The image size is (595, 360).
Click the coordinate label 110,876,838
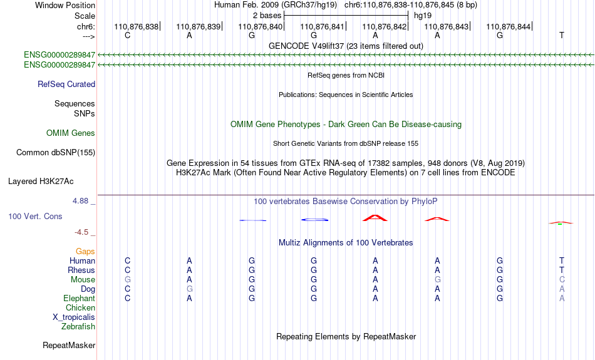(x=137, y=26)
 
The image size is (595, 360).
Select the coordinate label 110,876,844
(x=508, y=26)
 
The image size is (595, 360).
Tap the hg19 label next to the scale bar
(x=423, y=16)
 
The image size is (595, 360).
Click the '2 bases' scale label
(x=267, y=16)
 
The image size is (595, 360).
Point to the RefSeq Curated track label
(x=66, y=85)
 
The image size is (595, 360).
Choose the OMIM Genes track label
(x=71, y=133)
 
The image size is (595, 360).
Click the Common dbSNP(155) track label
(x=56, y=153)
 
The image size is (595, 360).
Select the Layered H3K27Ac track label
(x=41, y=182)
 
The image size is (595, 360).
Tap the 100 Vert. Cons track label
(x=35, y=216)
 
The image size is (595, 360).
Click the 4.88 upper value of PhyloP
(x=80, y=201)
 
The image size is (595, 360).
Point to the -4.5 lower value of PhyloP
(x=81, y=232)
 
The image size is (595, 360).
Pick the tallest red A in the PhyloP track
(x=375, y=218)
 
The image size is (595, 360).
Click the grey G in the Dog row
(x=189, y=289)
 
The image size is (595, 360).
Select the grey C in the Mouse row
(x=562, y=280)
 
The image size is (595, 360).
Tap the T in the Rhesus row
(x=562, y=270)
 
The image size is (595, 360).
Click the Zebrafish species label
(x=78, y=327)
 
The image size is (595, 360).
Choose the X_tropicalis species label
(x=74, y=317)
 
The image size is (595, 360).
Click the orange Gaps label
(x=85, y=252)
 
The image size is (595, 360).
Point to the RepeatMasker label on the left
(x=69, y=345)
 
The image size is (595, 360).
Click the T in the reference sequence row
(x=562, y=35)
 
